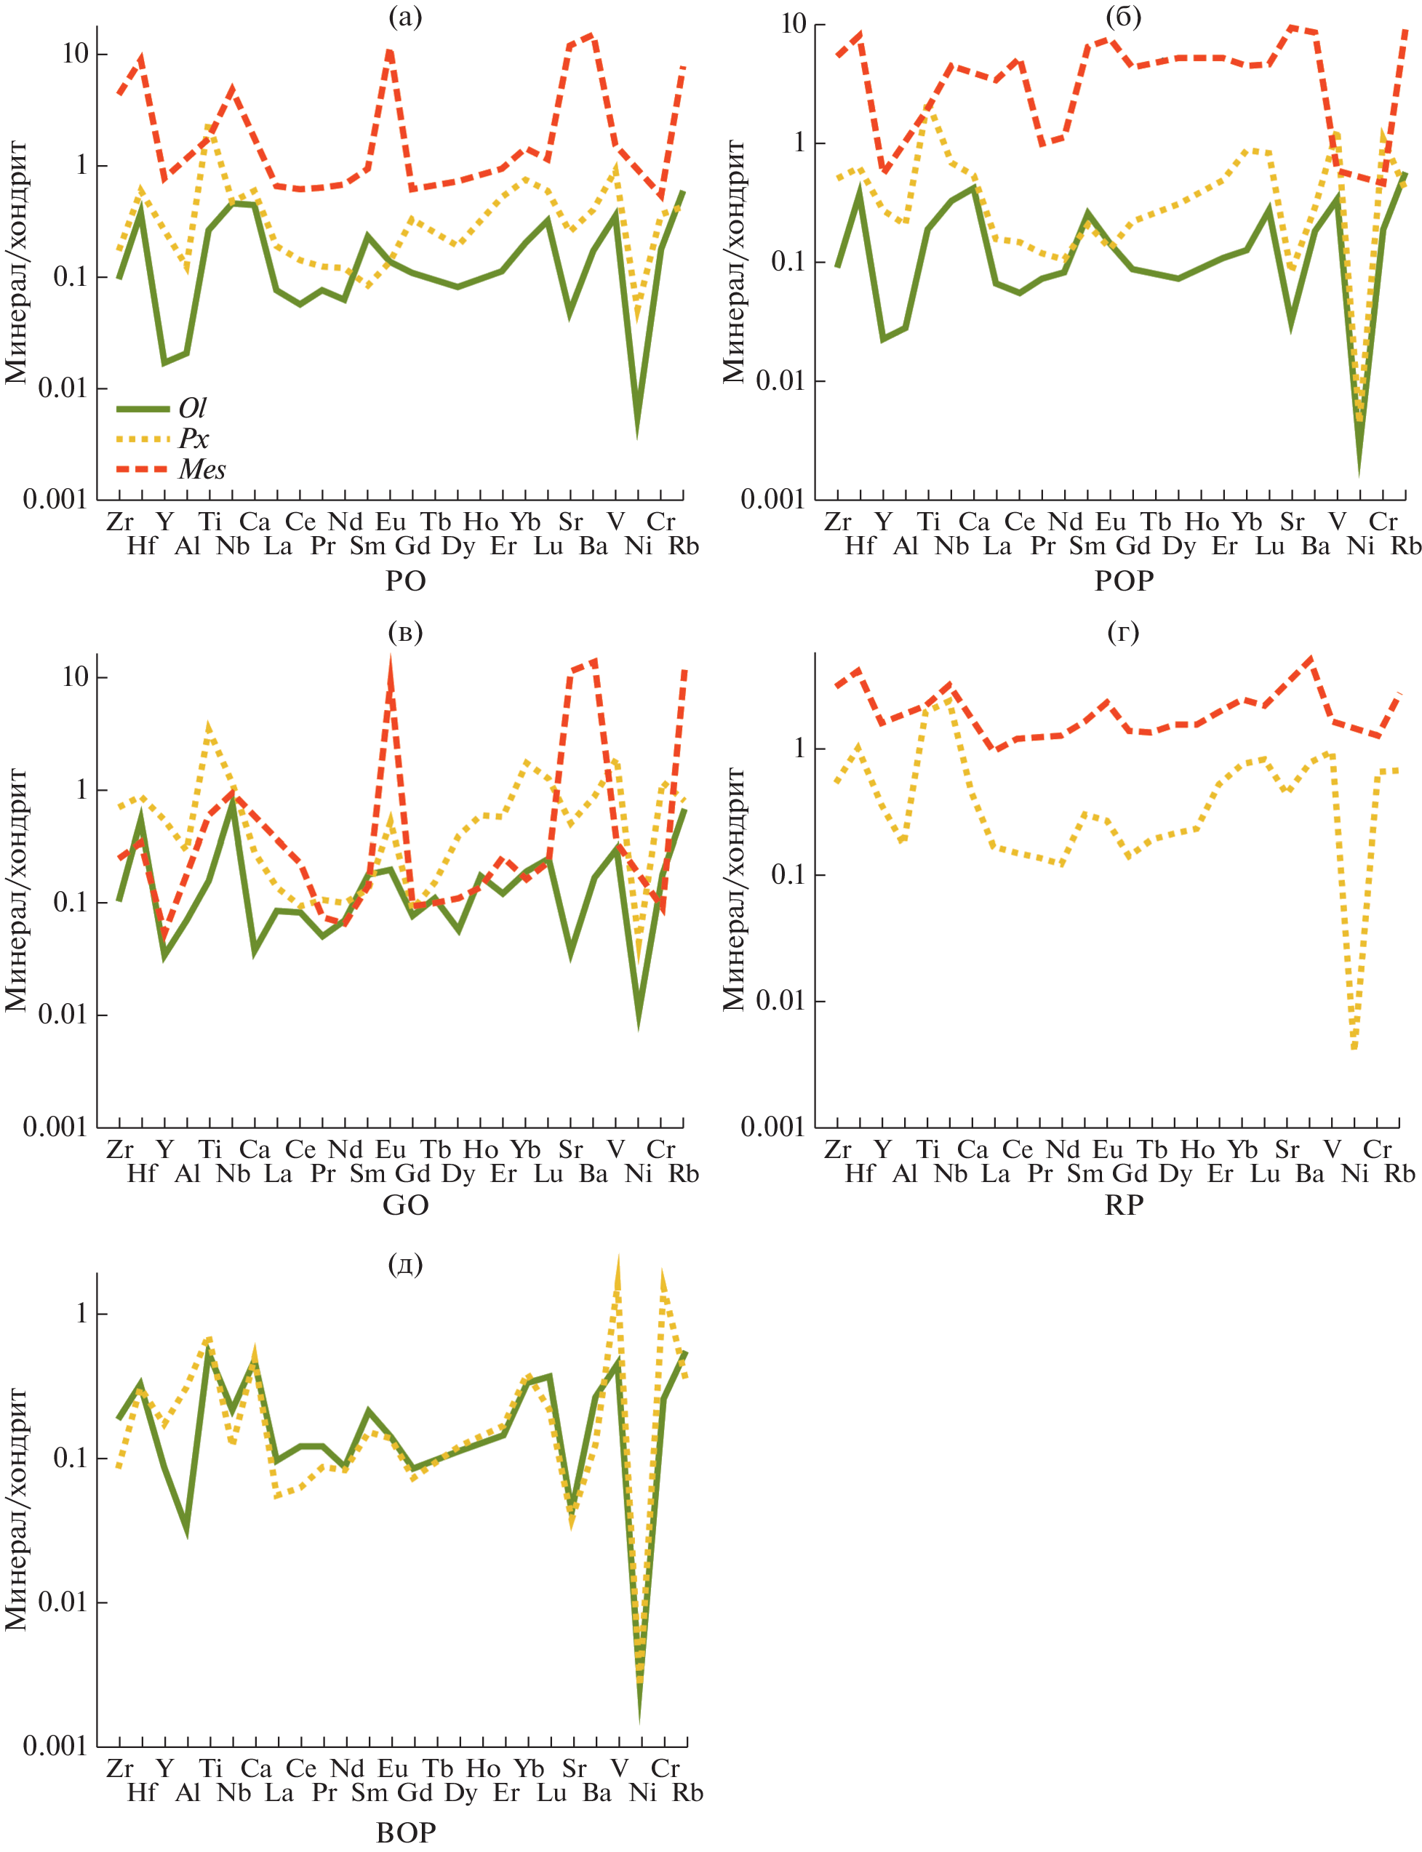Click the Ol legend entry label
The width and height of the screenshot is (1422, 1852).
tap(192, 409)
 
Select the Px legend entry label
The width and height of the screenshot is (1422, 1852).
tap(193, 439)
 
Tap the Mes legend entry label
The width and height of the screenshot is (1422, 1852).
tap(202, 469)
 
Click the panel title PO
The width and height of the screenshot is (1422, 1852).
tap(405, 580)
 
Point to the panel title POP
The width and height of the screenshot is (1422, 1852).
tap(1123, 580)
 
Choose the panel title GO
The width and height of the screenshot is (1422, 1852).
tap(405, 1205)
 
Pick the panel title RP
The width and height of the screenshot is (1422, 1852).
tap(1123, 1205)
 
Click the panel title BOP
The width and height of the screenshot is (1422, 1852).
tap(405, 1832)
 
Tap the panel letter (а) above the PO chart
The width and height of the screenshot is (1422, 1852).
tap(404, 16)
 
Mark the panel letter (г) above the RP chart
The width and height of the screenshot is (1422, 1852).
tap(1123, 632)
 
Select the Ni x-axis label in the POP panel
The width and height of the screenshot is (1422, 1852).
tap(1360, 546)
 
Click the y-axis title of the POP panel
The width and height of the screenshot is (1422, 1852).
tap(734, 263)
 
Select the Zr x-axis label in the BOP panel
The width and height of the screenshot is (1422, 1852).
tap(119, 1768)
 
